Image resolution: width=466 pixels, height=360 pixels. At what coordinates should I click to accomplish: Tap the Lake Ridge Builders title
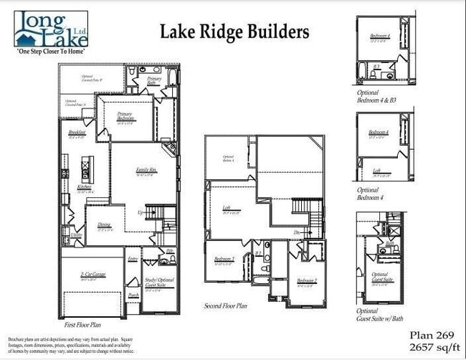[x=234, y=32]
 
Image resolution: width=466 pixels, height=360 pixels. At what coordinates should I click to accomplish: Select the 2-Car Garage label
[x=88, y=275]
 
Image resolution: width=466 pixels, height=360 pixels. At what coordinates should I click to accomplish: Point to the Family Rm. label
[x=146, y=170]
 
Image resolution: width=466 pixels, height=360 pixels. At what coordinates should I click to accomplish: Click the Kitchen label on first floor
[x=85, y=187]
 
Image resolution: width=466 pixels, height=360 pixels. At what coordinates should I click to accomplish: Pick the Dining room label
[x=105, y=225]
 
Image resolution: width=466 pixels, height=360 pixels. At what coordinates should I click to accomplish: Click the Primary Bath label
[x=154, y=81]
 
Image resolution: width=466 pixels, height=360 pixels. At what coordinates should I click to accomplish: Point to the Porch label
[x=133, y=294]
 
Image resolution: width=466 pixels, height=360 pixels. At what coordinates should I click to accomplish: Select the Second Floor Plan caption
[x=226, y=305]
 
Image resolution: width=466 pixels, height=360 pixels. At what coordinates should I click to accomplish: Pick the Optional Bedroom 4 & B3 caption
[x=377, y=96]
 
